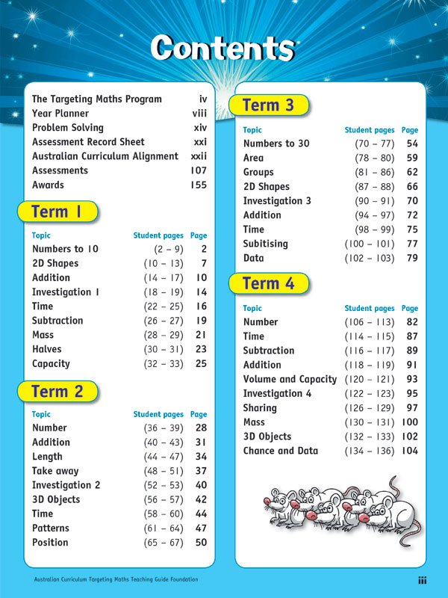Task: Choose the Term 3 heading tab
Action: coord(270,105)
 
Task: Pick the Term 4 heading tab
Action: coord(270,284)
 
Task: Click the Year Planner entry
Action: coord(60,114)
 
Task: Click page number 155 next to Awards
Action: coord(199,185)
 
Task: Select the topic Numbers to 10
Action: coord(65,249)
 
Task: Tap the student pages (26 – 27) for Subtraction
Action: coord(164,321)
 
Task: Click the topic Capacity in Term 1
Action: coord(51,364)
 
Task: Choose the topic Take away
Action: coord(57,471)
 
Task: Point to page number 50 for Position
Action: coord(201,543)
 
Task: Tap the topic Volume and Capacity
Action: coord(290,379)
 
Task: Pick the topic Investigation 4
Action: coord(277,393)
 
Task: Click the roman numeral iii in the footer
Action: coord(422,580)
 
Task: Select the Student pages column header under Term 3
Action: coord(369,130)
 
